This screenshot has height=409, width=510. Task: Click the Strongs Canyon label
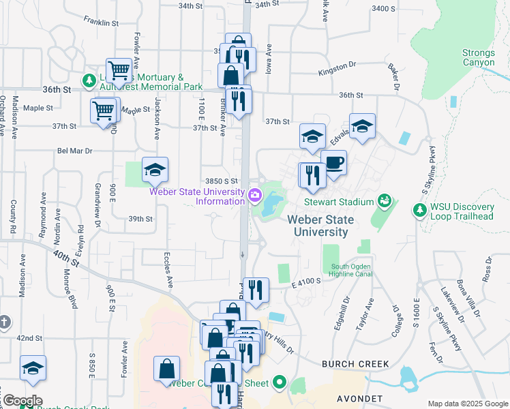478,57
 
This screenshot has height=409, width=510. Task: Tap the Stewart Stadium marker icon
385,201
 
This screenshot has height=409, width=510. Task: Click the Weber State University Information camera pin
255,196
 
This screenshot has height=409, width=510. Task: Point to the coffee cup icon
334,163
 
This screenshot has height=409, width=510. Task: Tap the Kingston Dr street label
337,65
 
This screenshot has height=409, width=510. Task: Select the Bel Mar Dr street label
74,151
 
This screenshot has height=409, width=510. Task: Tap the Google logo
22,401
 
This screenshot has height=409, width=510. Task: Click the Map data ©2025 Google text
467,404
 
